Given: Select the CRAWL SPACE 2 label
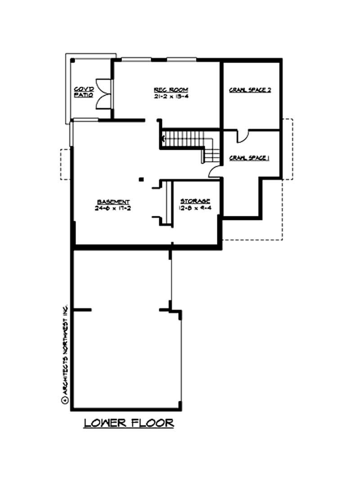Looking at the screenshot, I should click(x=250, y=90).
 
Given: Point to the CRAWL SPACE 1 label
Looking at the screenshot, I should click(x=249, y=157).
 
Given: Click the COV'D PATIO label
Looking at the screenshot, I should click(x=84, y=92).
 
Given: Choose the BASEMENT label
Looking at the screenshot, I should click(x=114, y=202).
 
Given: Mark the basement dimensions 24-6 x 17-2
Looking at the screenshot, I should click(x=114, y=208).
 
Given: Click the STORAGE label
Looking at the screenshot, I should click(x=195, y=201).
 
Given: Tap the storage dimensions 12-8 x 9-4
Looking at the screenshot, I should click(x=195, y=207).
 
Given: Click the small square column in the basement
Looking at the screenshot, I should click(x=141, y=179).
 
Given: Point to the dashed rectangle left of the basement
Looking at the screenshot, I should click(x=65, y=164).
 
